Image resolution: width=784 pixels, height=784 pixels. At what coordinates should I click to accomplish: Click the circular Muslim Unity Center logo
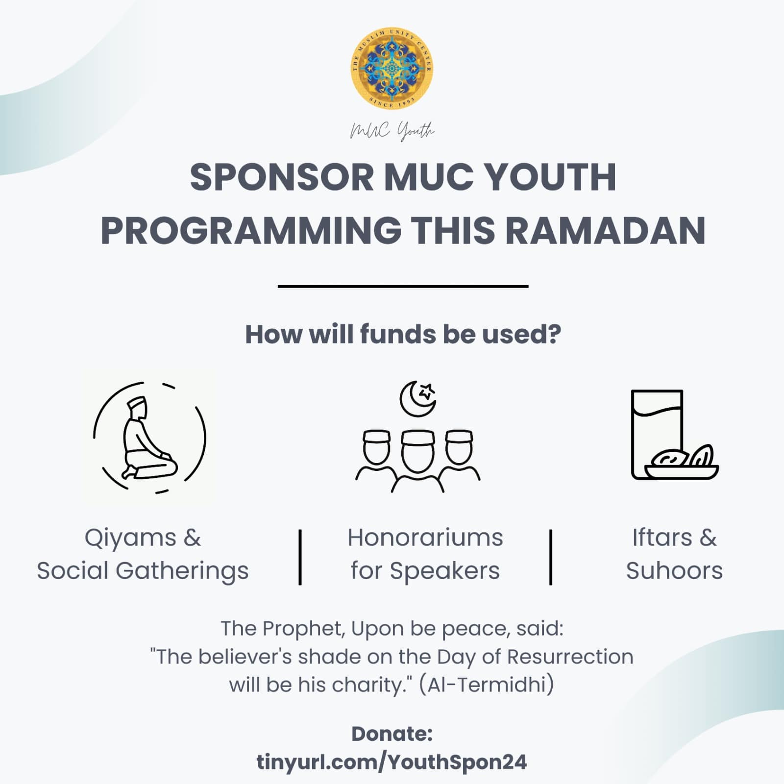(x=392, y=68)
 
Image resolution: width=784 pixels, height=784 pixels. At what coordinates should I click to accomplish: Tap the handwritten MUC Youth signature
(x=392, y=131)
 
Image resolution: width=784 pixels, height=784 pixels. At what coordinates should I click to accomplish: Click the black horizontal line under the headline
(x=403, y=286)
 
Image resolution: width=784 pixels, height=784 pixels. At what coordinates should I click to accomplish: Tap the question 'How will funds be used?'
(x=403, y=335)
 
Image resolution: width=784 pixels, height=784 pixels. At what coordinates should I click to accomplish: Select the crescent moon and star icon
(x=418, y=398)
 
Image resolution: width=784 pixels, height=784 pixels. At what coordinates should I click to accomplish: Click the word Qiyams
(x=130, y=538)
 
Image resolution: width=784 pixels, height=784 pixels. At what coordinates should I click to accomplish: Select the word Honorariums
(x=425, y=538)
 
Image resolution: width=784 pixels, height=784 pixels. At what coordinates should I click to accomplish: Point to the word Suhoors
(x=674, y=571)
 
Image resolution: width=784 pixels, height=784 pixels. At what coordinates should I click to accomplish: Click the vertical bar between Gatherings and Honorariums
(x=300, y=557)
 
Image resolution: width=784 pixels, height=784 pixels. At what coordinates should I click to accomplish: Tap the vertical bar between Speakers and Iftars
(x=551, y=557)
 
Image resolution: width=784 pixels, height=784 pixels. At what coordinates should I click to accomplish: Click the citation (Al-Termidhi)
(x=487, y=685)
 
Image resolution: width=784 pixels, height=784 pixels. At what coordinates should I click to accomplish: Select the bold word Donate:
(x=392, y=734)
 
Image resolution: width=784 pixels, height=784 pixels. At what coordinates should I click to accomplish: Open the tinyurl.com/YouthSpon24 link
(x=392, y=762)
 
